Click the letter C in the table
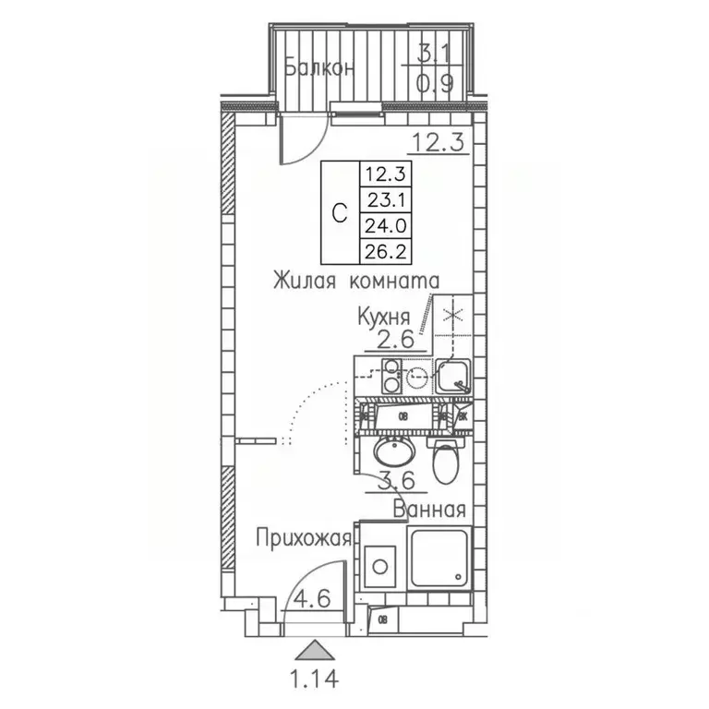pyautogui.click(x=339, y=211)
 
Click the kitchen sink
pyautogui.click(x=451, y=376)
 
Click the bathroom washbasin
pyautogui.click(x=397, y=453)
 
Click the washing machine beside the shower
pyautogui.click(x=380, y=562)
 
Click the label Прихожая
pyautogui.click(x=304, y=537)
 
